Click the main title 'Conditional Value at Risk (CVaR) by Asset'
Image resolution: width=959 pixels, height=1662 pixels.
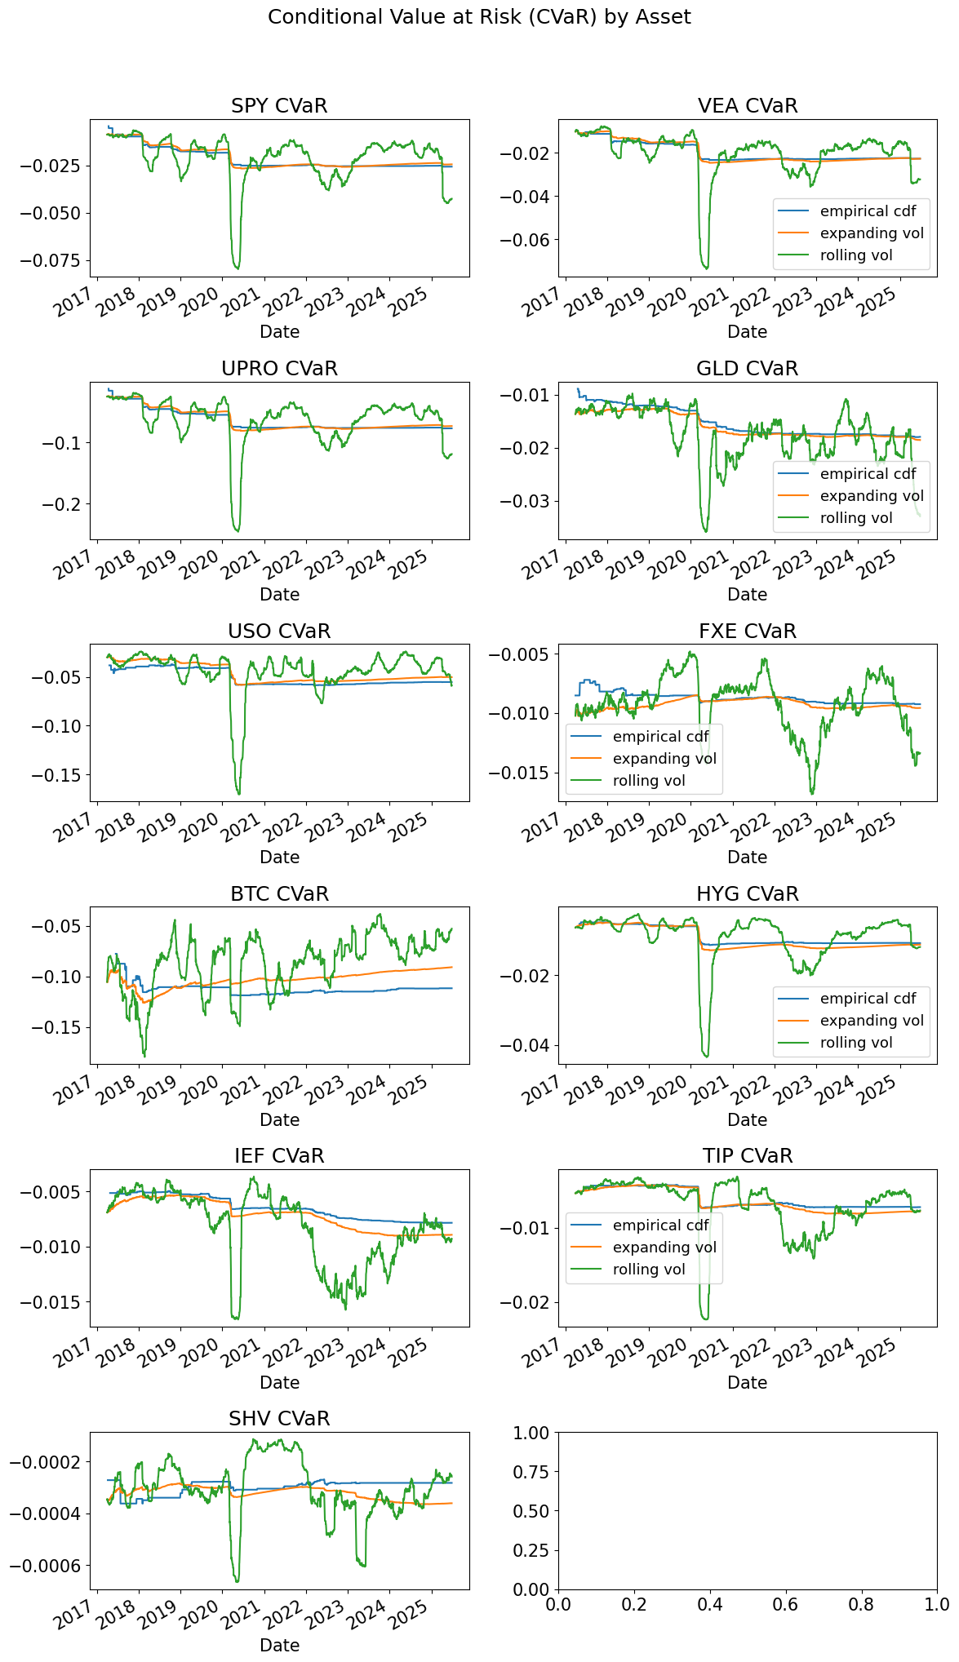(479, 17)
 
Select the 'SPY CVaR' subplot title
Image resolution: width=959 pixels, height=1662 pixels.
(279, 106)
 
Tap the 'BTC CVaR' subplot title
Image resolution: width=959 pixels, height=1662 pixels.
(279, 894)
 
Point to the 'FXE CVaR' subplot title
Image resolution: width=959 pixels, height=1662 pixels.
(747, 632)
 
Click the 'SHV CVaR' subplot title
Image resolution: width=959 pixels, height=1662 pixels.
(279, 1419)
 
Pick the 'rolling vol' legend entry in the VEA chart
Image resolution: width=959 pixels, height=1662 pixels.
(856, 255)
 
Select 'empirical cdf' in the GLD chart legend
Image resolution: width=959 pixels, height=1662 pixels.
(868, 474)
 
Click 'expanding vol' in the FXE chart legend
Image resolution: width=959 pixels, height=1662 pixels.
(664, 759)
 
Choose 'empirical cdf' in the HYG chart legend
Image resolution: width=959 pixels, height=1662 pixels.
(868, 999)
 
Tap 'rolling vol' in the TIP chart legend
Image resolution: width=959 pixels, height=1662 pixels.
(649, 1270)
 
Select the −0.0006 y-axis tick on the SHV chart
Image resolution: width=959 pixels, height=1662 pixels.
(47, 1566)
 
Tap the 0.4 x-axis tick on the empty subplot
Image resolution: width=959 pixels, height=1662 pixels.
(709, 1605)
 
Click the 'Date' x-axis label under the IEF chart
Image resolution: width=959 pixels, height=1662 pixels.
(279, 1383)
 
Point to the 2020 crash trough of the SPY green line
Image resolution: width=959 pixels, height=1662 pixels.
(238, 268)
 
